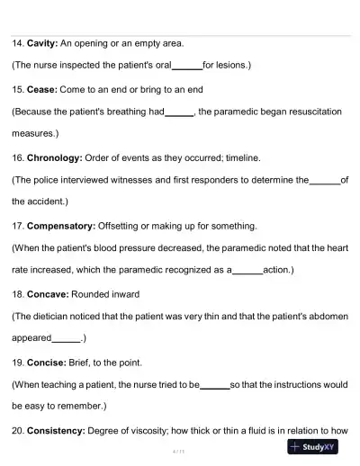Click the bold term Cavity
(x=41, y=42)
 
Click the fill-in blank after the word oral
(x=187, y=66)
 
